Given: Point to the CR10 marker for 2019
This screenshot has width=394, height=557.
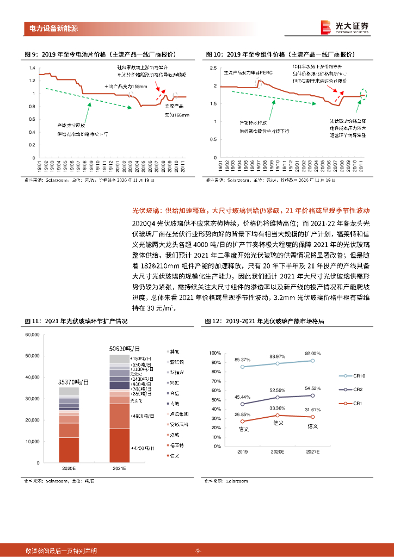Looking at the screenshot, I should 242,367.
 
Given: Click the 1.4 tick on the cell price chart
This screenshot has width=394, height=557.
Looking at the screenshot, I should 32,68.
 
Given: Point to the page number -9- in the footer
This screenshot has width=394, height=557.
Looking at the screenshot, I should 198,550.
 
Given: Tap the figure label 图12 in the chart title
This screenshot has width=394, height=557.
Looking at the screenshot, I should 214,321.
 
